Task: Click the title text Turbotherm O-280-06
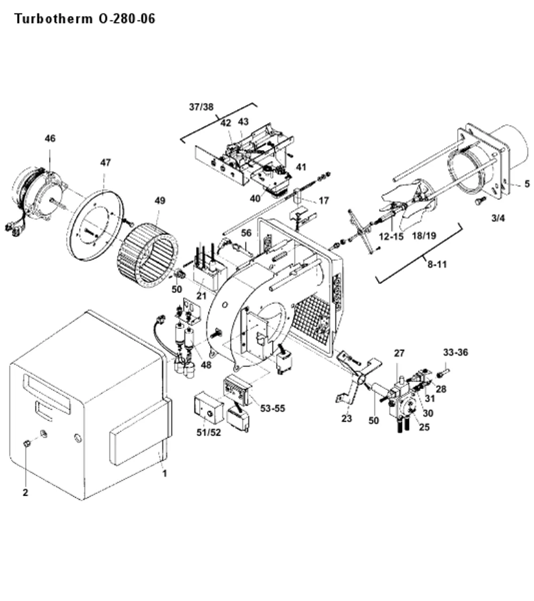85,19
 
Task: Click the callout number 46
50,138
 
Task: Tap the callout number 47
105,163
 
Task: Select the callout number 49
160,201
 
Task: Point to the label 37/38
201,107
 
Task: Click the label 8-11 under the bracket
437,264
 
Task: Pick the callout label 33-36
456,352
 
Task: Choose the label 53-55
272,408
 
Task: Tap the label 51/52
209,433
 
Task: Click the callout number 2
25,492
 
